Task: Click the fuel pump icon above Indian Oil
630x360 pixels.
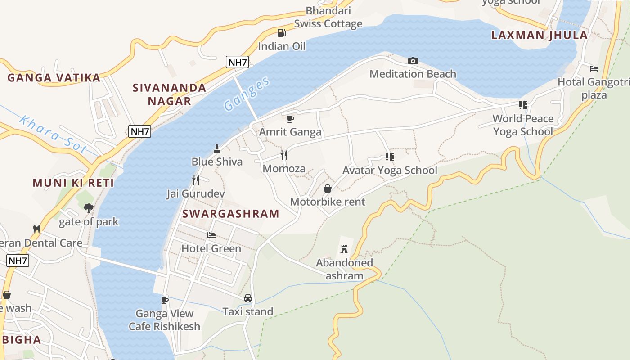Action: [x=281, y=33]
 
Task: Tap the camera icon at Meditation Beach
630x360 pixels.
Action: [x=413, y=61]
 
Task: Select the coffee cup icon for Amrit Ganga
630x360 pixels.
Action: [x=290, y=119]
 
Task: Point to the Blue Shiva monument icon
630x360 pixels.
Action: [x=217, y=148]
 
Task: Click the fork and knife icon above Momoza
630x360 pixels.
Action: [x=284, y=155]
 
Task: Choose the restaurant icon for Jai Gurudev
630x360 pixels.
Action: [x=196, y=180]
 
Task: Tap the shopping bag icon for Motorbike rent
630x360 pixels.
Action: [x=328, y=189]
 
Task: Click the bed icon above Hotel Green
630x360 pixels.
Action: [x=211, y=235]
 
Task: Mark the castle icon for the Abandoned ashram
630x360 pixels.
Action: [x=344, y=249]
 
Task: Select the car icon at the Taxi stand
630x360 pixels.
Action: [x=248, y=298]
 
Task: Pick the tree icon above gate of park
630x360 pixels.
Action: [x=89, y=208]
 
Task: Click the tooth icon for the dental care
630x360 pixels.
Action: [x=37, y=229]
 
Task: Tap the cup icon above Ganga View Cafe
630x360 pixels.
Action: [x=165, y=300]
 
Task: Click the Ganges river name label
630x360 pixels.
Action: [x=247, y=94]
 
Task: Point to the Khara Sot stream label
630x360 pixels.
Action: [x=53, y=135]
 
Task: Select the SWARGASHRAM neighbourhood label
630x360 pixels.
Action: [x=231, y=214]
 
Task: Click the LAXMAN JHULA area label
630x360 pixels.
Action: [x=539, y=35]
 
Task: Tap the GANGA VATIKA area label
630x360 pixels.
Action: [x=54, y=78]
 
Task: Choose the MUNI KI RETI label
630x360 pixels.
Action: [x=73, y=183]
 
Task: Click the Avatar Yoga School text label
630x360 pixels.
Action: [x=390, y=170]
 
